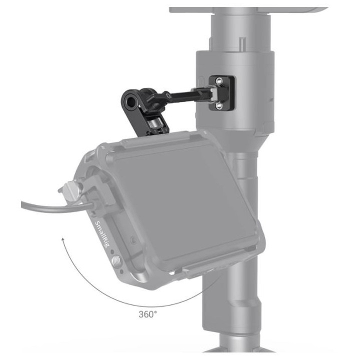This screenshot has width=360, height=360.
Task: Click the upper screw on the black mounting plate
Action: click(219, 80)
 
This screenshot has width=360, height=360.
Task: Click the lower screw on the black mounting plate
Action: click(219, 105)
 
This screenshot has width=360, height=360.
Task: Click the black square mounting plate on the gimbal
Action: click(220, 93)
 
